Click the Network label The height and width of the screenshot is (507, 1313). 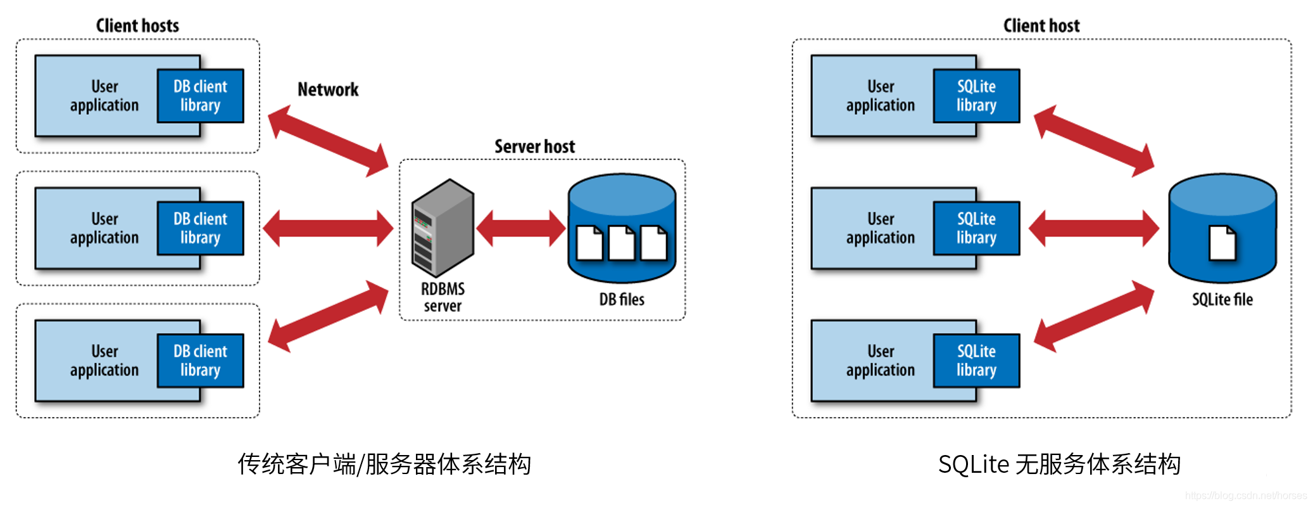pos(328,89)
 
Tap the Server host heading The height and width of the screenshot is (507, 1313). pos(534,146)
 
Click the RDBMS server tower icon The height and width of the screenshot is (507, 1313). pos(443,228)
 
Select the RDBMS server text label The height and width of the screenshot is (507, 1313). pos(443,297)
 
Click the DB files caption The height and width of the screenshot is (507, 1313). pos(622,299)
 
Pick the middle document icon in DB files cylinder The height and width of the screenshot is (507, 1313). pos(622,243)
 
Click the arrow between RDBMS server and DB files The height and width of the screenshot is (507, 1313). pos(520,228)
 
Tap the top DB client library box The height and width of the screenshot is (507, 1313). pos(200,96)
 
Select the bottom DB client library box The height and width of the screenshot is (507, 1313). pos(200,361)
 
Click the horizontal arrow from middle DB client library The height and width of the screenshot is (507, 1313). pos(328,228)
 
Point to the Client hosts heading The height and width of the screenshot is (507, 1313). pos(137,25)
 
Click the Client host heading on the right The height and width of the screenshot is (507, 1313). pos(1041,25)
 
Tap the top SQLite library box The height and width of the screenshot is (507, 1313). pos(976,96)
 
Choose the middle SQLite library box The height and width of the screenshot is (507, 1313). pos(976,228)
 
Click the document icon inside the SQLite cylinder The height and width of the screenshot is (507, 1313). pos(1222,243)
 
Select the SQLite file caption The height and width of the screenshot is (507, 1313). pos(1222,299)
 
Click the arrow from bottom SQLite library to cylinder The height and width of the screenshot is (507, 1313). pos(1093,316)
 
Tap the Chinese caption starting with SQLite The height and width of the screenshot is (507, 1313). pos(1059,465)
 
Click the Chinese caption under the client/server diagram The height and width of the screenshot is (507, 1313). pos(384,465)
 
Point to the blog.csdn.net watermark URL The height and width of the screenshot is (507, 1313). pos(1245,496)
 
